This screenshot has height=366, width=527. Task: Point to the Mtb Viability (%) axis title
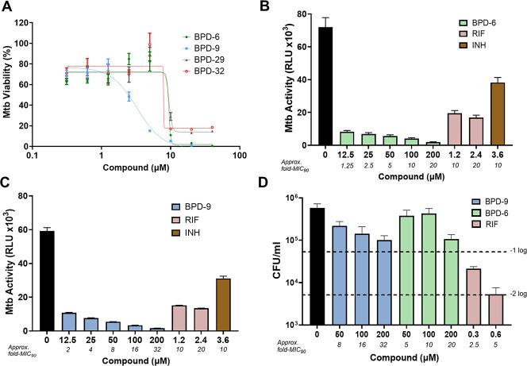pyautogui.click(x=10, y=78)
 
